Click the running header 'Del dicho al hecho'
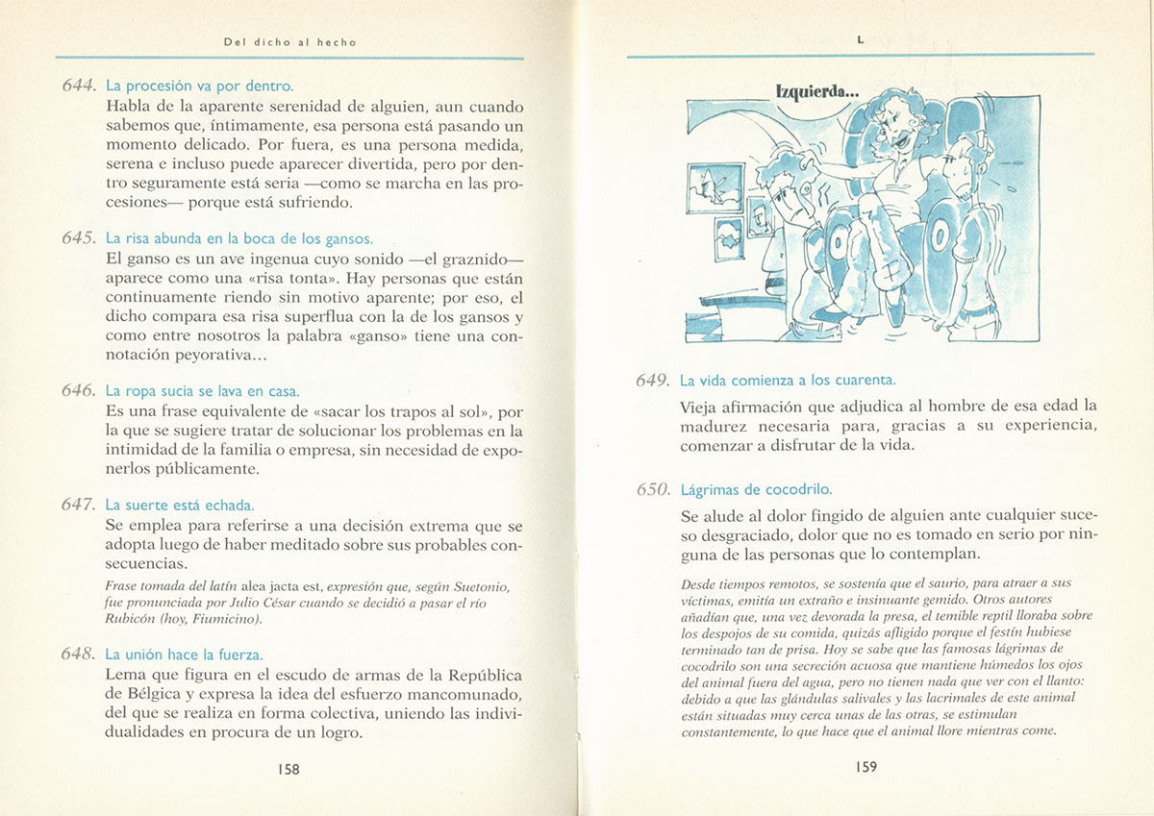click(x=289, y=42)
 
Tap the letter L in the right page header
click(x=861, y=40)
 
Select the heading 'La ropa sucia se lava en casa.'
click(x=202, y=391)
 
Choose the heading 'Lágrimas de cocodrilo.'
click(x=756, y=489)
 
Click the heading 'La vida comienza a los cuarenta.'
click(x=788, y=380)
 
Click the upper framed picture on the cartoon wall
click(x=716, y=186)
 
